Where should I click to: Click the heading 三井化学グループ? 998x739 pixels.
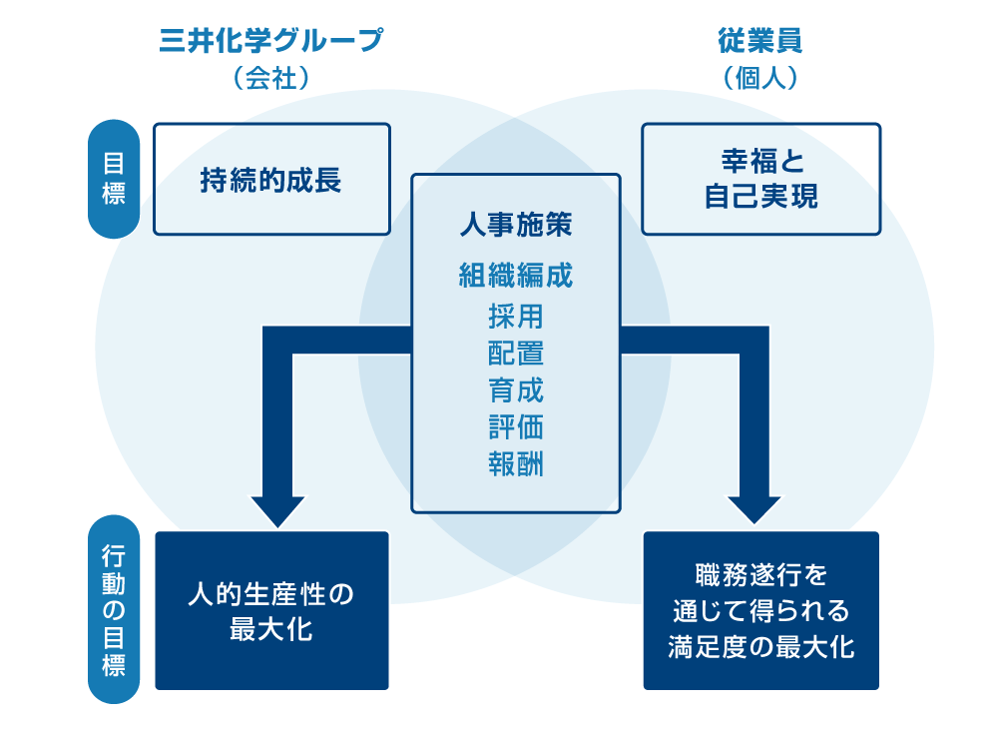point(270,41)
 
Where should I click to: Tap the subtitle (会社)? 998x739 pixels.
point(270,78)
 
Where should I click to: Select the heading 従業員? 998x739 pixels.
point(760,41)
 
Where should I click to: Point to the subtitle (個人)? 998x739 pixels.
point(760,78)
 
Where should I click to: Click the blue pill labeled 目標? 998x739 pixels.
point(114,179)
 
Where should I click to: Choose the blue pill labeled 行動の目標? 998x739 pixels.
point(114,609)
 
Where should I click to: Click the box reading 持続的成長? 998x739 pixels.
point(270,180)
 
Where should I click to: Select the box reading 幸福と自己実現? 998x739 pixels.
point(760,179)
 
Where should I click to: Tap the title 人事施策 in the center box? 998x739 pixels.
point(516,225)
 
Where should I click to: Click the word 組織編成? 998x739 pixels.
point(516,275)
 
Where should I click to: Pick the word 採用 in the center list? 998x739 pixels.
point(516,317)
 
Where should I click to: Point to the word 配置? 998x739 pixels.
point(516,354)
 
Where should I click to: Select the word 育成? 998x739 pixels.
point(516,389)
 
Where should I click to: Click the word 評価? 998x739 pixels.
point(516,426)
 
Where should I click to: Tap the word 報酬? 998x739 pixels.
point(516,463)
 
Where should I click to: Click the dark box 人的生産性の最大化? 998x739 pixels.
point(270,610)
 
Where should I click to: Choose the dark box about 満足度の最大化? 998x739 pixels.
point(760,610)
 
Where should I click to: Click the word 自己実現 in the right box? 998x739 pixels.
point(760,197)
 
